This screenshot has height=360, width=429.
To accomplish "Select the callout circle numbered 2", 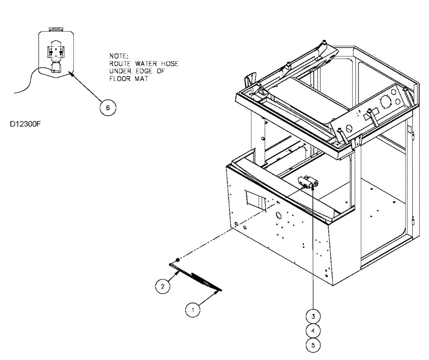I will [x=162, y=287].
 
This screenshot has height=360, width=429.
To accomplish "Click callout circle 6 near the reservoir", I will [x=108, y=108].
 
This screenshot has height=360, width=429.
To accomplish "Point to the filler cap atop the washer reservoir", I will [x=56, y=30].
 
